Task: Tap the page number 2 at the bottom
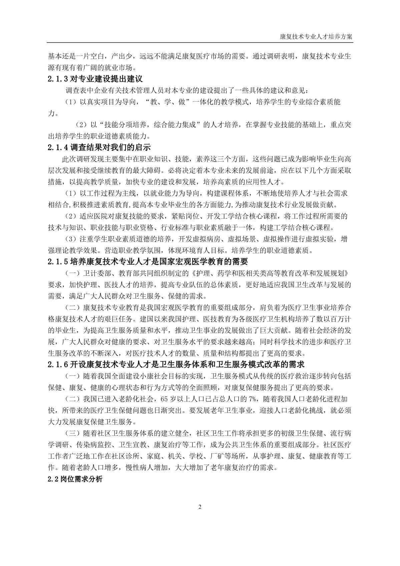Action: click(x=200, y=507)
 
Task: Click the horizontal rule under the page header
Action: click(x=200, y=42)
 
